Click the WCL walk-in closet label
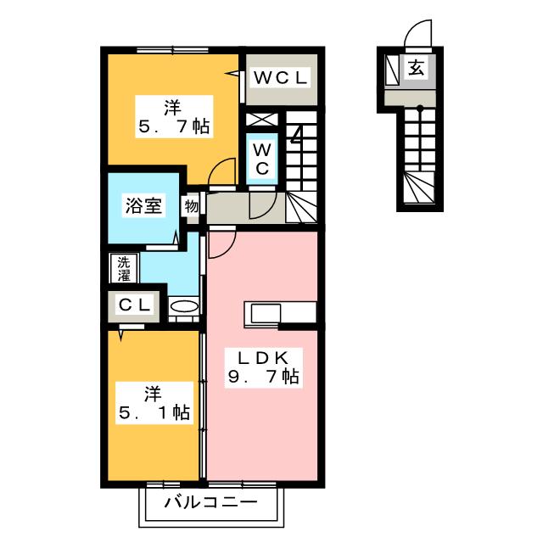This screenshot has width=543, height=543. pyautogui.click(x=281, y=78)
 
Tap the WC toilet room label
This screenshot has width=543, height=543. pyautogui.click(x=262, y=160)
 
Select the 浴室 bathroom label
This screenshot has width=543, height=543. pyautogui.click(x=143, y=206)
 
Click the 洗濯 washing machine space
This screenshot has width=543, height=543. pyautogui.click(x=124, y=268)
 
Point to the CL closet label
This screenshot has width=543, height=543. pyautogui.click(x=134, y=305)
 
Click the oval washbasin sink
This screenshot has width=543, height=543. pyautogui.click(x=185, y=306)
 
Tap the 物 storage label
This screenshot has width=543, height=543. pyautogui.click(x=191, y=206)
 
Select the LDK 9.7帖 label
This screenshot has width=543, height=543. pyautogui.click(x=264, y=367)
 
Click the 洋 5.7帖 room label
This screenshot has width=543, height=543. pyautogui.click(x=174, y=117)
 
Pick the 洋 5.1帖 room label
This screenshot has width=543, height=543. pyautogui.click(x=154, y=403)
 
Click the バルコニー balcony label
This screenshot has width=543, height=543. pyautogui.click(x=211, y=502)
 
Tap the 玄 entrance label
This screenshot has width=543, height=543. pyautogui.click(x=417, y=68)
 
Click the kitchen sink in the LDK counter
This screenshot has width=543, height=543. pyautogui.click(x=266, y=313)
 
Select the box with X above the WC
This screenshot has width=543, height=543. pyautogui.click(x=262, y=120)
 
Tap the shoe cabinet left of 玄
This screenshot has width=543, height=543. pyautogui.click(x=392, y=70)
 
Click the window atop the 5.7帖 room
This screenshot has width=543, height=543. pyautogui.click(x=172, y=50)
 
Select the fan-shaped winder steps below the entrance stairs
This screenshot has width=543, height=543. pyautogui.click(x=420, y=188)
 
